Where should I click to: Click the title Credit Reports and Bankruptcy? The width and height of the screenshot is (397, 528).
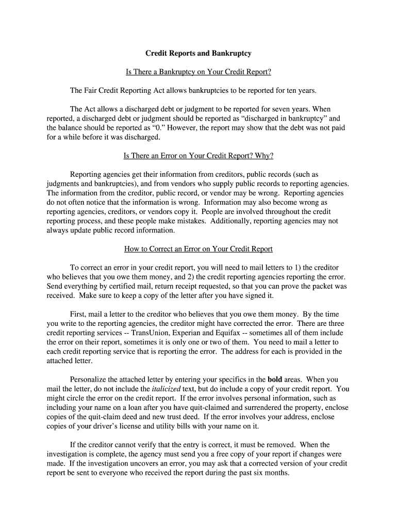point(198,53)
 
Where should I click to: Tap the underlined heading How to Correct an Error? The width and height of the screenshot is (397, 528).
point(198,249)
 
